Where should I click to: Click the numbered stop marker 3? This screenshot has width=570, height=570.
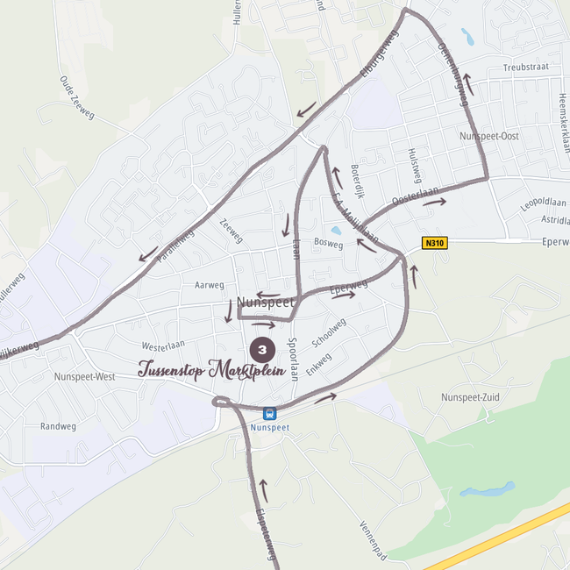262,350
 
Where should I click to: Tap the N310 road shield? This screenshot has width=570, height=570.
434,244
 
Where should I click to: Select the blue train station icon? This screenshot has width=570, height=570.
269,413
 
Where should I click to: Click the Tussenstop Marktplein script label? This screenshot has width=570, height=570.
212,369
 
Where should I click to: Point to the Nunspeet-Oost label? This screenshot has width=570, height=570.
488,136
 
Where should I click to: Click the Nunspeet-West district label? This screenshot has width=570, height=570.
84,377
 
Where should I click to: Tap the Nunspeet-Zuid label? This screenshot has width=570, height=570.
471,397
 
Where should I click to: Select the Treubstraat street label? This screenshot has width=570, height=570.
524,68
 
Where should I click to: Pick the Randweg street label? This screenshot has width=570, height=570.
58,426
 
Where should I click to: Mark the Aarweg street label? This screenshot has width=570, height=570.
210,285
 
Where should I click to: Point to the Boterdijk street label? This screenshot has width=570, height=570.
356,180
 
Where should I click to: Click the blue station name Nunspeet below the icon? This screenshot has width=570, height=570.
270,428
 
